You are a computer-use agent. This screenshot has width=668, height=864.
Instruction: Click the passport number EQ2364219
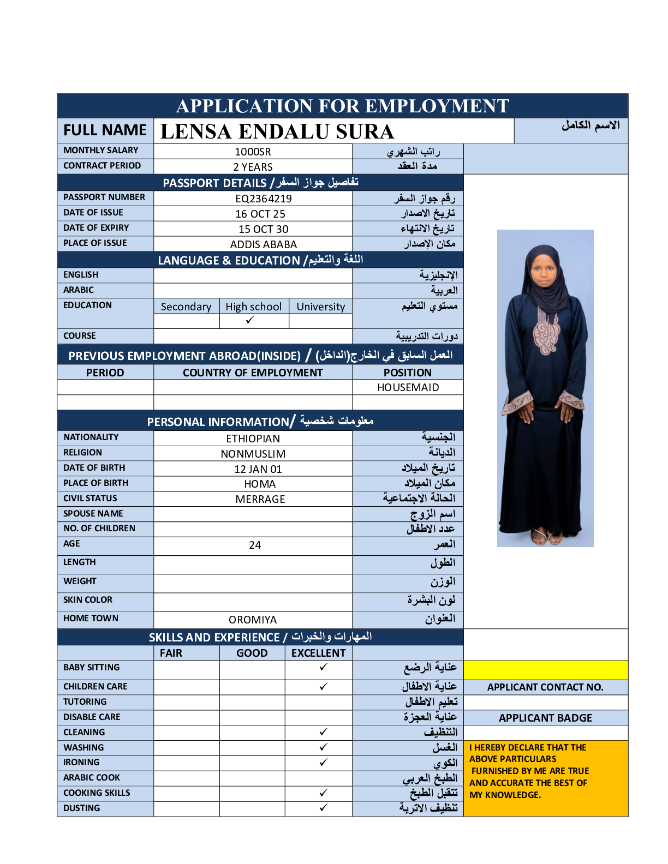[264, 199]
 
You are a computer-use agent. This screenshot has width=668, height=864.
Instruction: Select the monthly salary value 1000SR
[253, 152]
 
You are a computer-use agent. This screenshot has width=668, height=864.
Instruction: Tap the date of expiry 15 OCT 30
[264, 229]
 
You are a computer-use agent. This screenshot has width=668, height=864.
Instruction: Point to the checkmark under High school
[250, 320]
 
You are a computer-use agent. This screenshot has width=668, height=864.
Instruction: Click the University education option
[321, 307]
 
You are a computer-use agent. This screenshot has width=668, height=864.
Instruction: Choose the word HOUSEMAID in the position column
[408, 387]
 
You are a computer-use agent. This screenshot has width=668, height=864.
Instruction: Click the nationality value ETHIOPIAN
[253, 439]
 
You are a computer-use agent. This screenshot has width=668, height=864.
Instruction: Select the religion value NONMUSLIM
[253, 454]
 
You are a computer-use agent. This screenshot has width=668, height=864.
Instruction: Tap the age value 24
[255, 545]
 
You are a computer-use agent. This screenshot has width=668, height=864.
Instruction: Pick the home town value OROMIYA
[253, 620]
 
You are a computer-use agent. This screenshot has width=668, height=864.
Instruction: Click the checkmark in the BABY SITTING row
[324, 667]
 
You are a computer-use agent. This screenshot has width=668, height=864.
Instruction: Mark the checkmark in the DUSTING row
[324, 808]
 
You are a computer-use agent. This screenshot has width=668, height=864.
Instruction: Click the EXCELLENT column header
[319, 653]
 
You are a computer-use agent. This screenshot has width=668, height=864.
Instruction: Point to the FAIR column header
[171, 653]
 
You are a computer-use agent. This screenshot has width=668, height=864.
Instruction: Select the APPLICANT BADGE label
[545, 718]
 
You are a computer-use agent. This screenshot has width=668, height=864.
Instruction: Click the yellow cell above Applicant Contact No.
[545, 670]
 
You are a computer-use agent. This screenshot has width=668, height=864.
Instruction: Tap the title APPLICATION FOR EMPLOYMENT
[343, 106]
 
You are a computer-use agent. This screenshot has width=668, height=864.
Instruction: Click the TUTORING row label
[85, 701]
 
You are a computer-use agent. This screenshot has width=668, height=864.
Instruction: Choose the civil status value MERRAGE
[260, 499]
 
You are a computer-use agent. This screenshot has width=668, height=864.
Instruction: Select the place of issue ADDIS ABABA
[264, 244]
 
